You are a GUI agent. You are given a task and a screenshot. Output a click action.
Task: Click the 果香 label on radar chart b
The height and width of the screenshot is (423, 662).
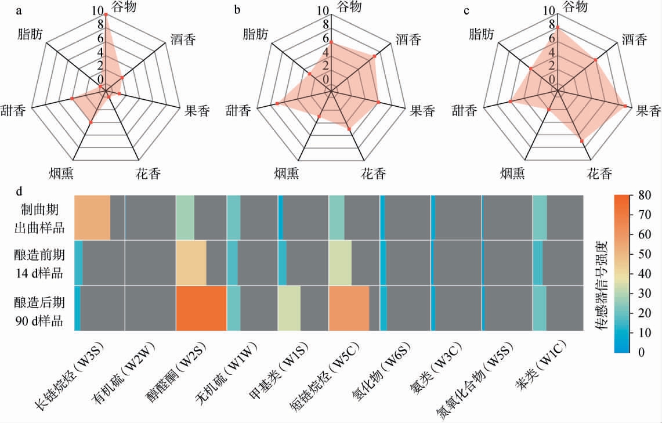422,110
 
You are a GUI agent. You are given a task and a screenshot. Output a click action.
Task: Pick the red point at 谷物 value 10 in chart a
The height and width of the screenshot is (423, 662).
105,15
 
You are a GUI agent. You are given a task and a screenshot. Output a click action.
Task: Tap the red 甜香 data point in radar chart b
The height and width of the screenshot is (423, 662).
277,103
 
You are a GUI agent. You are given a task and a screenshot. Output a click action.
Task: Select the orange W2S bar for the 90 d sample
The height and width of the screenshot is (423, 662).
201,308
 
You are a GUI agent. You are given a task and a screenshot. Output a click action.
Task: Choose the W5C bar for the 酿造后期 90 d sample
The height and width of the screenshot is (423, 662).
348,308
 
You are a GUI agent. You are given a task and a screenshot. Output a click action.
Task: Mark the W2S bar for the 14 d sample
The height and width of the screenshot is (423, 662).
191,262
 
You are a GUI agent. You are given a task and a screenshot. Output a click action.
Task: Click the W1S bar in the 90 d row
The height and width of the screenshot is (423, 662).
290,308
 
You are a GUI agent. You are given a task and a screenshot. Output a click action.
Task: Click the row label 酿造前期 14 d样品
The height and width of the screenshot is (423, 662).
39,262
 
